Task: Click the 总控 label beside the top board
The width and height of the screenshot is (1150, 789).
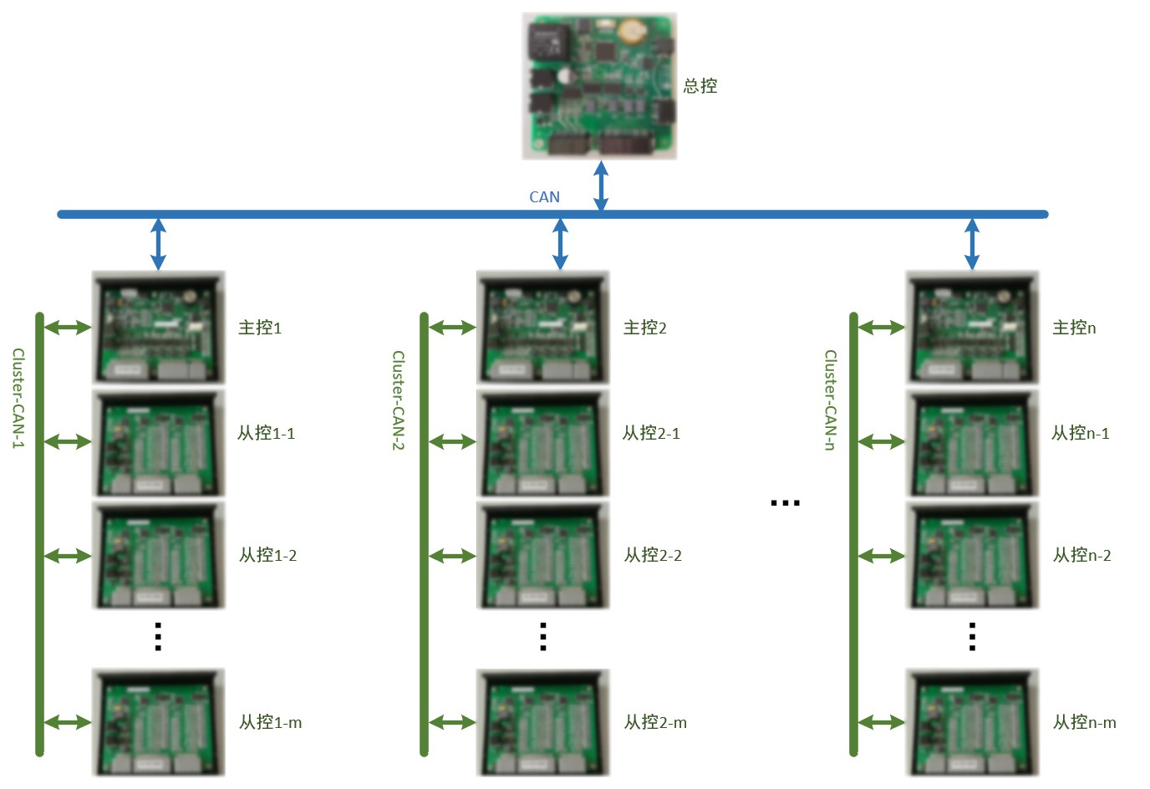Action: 700,86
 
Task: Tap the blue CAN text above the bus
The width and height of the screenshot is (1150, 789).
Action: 544,197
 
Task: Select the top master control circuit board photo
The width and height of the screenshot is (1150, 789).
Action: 599,86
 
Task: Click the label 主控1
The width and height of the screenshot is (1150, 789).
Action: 260,328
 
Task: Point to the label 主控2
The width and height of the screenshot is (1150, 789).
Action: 645,328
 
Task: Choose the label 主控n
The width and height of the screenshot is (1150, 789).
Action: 1074,328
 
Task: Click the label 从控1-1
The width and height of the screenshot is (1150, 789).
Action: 266,433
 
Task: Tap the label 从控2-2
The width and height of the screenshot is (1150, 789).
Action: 653,555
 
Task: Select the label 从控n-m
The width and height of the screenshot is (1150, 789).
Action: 1084,722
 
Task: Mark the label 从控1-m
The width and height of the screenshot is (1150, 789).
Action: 270,722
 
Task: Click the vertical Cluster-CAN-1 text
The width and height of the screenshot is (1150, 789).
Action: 18,399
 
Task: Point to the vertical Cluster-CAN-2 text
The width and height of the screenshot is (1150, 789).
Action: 399,400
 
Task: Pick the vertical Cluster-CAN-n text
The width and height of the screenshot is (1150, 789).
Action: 830,400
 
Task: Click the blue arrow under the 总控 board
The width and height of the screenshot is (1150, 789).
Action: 600,186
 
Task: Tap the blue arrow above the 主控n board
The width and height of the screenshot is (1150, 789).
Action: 971,244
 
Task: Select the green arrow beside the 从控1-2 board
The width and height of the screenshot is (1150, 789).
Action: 68,556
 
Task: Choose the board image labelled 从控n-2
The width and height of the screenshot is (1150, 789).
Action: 973,556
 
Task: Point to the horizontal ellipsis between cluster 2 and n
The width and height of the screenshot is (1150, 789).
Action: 785,503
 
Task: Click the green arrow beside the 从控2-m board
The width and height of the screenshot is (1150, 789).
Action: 452,722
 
